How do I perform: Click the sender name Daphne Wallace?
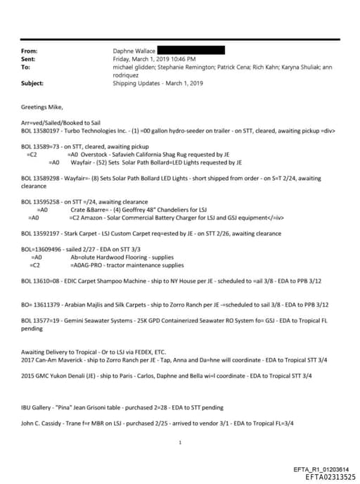[x=134, y=51]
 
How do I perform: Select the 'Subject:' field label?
[x=32, y=83]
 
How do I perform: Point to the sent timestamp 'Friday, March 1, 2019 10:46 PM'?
[x=155, y=59]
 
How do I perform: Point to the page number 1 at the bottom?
[x=181, y=442]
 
